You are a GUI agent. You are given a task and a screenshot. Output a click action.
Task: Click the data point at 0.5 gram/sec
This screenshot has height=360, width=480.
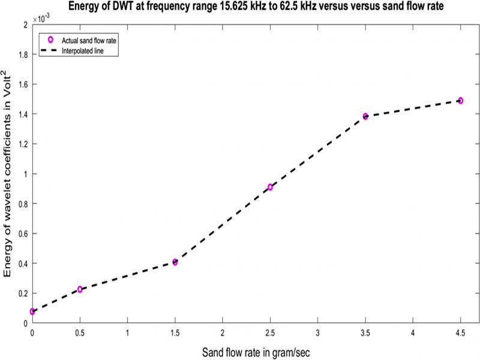[x=80, y=289]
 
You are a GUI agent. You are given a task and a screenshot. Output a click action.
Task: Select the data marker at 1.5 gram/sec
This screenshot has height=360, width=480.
[x=175, y=262]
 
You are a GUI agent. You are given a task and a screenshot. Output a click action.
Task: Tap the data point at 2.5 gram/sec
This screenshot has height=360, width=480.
[x=271, y=187]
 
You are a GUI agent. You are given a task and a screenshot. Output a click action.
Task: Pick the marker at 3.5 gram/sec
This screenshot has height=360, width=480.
[x=365, y=116]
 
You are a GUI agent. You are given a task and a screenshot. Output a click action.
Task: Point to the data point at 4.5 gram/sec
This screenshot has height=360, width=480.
[x=460, y=101]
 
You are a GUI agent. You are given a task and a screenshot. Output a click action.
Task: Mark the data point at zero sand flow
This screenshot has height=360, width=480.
[x=32, y=311]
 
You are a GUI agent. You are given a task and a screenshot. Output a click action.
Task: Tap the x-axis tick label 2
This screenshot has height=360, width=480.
[x=223, y=332]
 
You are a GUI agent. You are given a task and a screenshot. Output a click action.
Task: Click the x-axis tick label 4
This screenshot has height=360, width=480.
[x=413, y=332]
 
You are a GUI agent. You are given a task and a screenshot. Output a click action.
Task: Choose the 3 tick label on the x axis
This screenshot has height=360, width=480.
[x=318, y=332]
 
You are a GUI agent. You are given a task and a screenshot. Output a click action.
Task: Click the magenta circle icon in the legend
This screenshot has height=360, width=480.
[x=51, y=39]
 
